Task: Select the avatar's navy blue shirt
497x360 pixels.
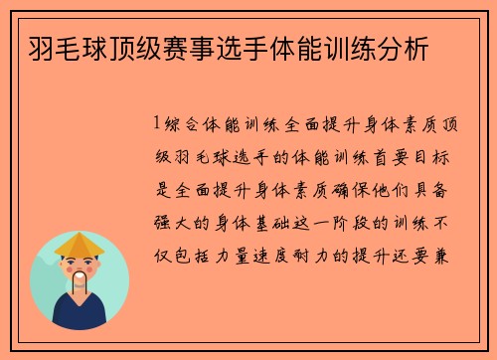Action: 80,309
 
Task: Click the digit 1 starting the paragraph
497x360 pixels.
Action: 158,125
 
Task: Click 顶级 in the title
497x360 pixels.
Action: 135,46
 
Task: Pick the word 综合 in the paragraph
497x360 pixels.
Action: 182,125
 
